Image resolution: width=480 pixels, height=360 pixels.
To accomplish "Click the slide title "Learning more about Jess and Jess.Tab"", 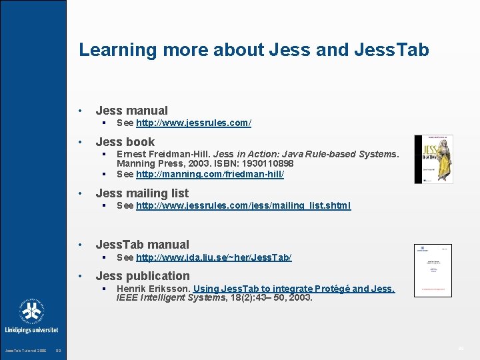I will coord(253,50).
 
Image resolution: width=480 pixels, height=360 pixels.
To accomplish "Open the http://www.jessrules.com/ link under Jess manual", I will coord(193,123).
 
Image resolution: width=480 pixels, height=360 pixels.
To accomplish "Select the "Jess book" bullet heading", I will coord(125,141).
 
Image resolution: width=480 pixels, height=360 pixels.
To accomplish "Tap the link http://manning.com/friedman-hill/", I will coord(210,174).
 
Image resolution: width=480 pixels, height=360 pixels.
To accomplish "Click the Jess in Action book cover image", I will coord(433,159).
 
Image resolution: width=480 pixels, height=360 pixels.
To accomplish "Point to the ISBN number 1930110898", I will coord(262,163).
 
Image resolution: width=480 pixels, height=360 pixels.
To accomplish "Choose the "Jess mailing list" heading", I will coord(142,193).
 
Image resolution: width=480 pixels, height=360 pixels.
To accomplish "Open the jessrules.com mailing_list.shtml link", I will coord(243,205).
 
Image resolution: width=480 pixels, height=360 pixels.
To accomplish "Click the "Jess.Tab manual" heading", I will coord(142,245).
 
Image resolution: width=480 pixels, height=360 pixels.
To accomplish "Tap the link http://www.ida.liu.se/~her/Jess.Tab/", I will coord(214,257).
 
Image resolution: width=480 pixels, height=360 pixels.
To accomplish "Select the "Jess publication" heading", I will coord(143,276).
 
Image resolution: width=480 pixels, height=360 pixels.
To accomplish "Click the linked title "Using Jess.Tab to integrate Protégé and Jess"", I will coord(294,289).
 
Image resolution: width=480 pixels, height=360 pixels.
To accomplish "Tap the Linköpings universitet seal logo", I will coord(31,311).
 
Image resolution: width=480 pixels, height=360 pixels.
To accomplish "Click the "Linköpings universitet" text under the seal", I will coord(31,330).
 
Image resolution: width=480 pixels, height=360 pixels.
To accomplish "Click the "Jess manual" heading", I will coord(131,111).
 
